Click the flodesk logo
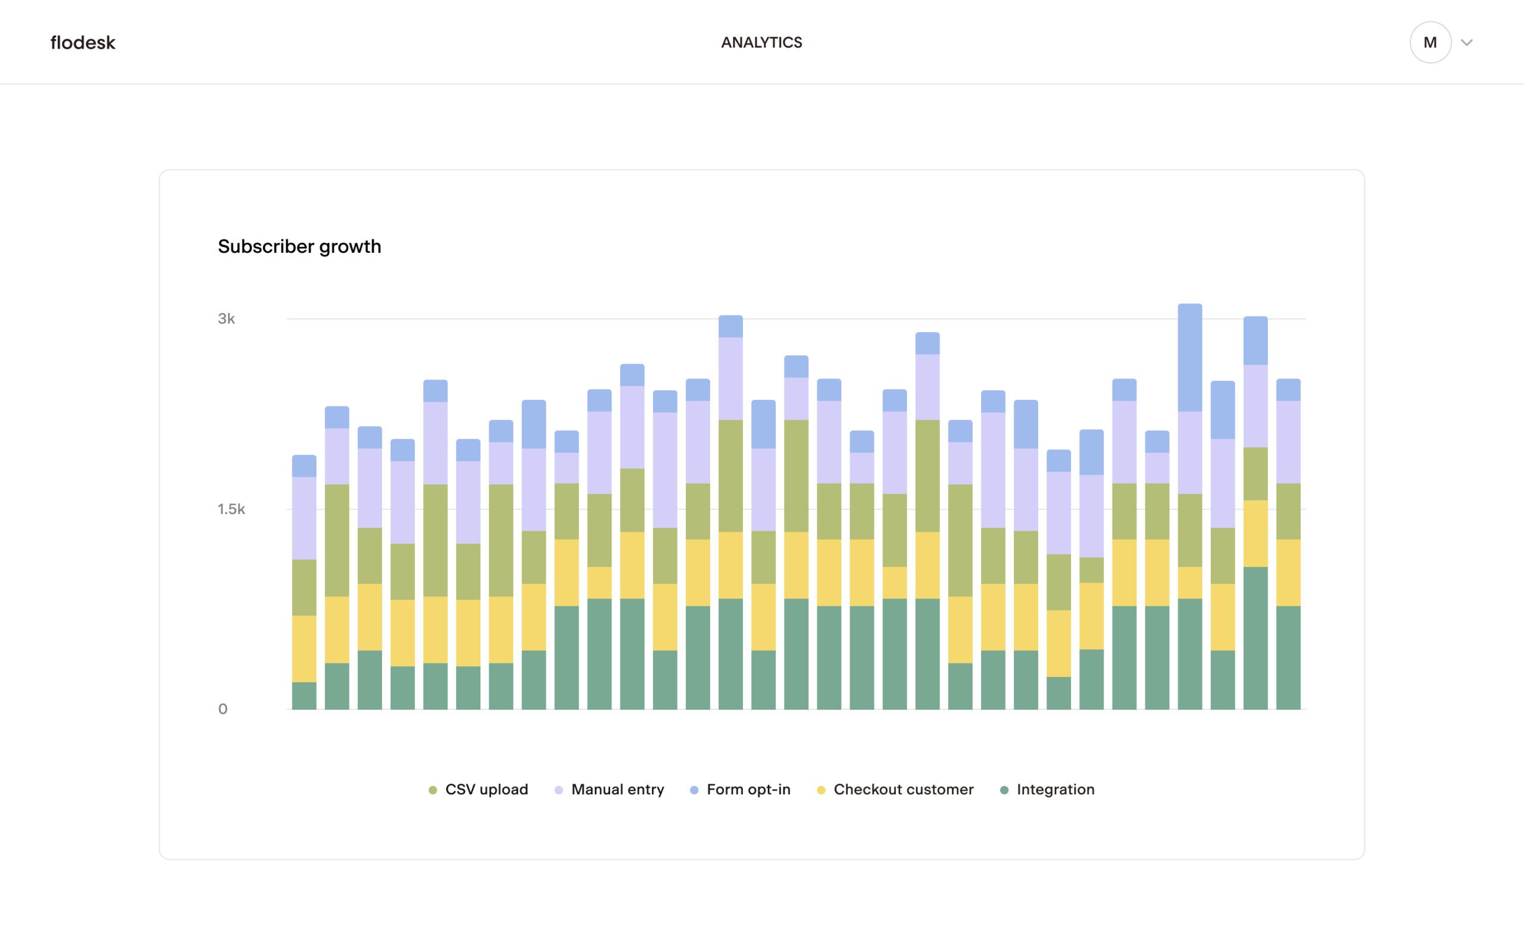point(83,43)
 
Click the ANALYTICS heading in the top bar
point(761,43)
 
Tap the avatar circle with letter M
point(1429,43)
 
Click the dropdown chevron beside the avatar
point(1467,43)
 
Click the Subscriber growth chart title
point(299,246)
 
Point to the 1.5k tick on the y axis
point(231,509)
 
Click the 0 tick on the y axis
point(222,709)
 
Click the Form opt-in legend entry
point(741,790)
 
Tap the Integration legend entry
point(1047,790)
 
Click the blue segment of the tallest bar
point(1189,358)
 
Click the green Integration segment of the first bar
point(304,696)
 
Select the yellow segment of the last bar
point(1288,572)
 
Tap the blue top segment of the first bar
point(304,466)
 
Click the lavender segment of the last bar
point(1288,442)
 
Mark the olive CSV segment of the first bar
point(304,587)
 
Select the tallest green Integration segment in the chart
point(1255,638)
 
